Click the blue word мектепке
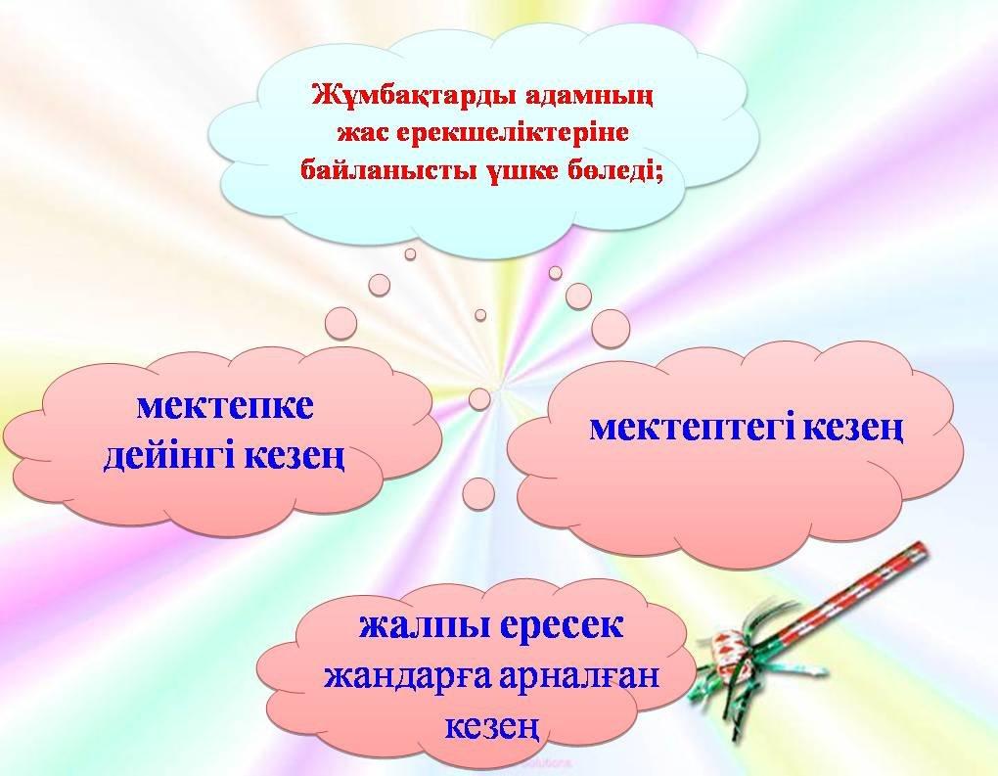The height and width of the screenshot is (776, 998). (225, 407)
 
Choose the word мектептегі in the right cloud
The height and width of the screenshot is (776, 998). (692, 428)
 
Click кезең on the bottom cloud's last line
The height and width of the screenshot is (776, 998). (492, 726)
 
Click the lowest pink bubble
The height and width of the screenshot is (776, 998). (478, 494)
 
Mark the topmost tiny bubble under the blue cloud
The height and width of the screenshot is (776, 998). (411, 254)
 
